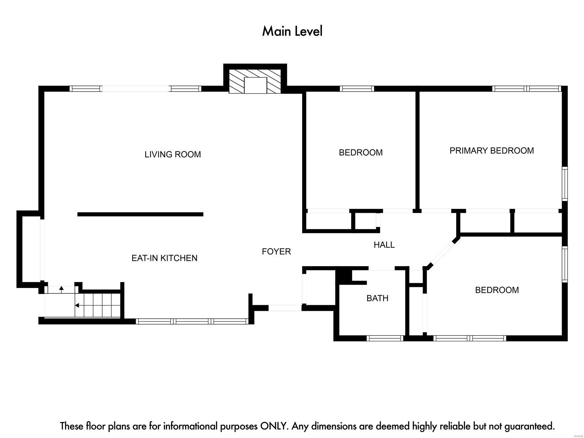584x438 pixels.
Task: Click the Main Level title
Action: tap(292, 31)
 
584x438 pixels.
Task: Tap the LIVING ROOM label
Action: tap(172, 154)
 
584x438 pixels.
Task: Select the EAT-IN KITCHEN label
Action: tap(164, 258)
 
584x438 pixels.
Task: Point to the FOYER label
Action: tap(276, 251)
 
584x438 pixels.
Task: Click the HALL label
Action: tap(384, 245)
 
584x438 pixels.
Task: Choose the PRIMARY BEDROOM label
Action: tap(491, 150)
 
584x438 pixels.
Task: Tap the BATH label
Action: tap(377, 298)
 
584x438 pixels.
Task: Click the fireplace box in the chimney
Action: tap(255, 85)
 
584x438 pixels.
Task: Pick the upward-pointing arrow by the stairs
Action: tap(61, 289)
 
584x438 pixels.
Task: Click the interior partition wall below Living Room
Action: tap(140, 214)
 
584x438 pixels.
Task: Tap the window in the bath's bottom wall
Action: tap(385, 338)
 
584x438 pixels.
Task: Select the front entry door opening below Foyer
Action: tap(285, 308)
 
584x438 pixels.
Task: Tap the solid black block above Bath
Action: tap(343, 277)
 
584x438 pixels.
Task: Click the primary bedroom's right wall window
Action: tap(565, 184)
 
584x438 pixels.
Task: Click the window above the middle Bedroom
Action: tap(357, 89)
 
